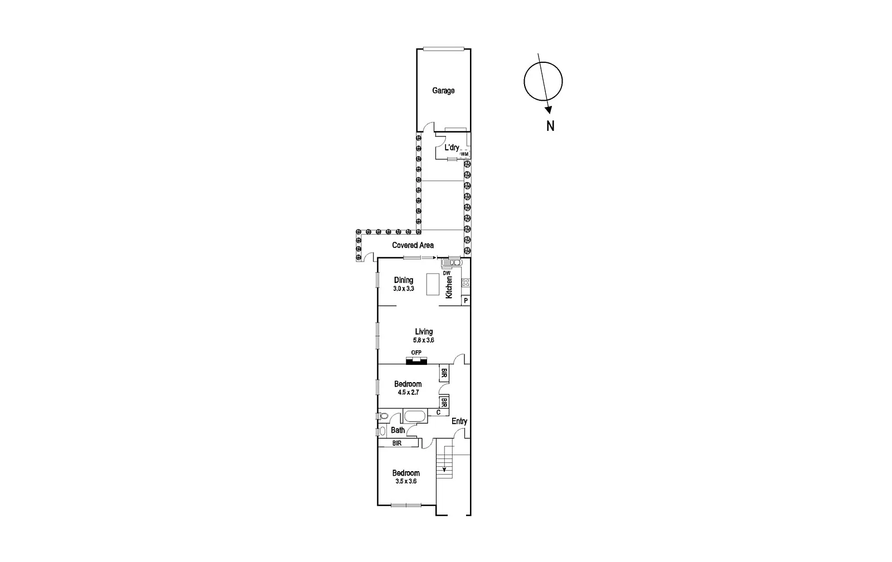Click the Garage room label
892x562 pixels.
point(443,91)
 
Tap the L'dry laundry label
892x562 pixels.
point(452,148)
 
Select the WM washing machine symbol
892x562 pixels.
point(465,154)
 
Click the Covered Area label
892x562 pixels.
point(413,245)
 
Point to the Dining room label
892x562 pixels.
point(404,280)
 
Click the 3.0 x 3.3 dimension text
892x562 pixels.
point(404,289)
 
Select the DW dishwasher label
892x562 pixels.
point(447,273)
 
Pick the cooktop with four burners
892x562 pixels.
point(466,282)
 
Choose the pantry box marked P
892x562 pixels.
point(466,301)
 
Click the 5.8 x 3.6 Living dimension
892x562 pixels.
point(424,340)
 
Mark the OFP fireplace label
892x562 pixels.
point(416,353)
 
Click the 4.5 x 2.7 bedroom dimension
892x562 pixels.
point(408,393)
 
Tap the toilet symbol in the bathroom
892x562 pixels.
point(383,416)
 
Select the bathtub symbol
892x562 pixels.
point(414,416)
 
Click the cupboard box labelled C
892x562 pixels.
point(438,413)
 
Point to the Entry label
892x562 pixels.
point(459,421)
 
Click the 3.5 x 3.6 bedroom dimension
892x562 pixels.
point(406,482)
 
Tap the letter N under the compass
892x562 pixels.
point(550,126)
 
